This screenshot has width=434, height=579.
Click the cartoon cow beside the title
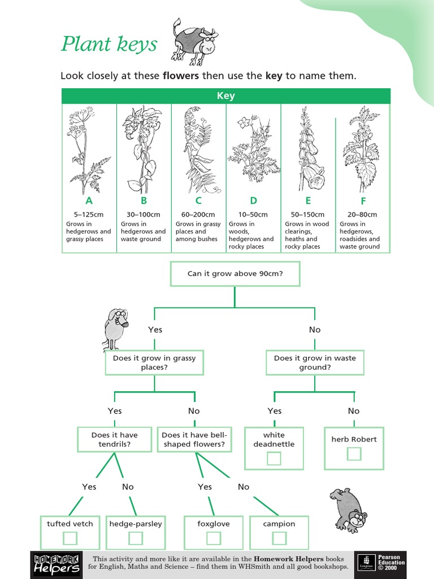click(x=194, y=41)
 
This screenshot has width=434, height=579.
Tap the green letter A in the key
click(x=89, y=201)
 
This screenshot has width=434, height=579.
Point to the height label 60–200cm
click(x=198, y=215)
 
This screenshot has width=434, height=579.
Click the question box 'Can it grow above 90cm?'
click(x=235, y=274)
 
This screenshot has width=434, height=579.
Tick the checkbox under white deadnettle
click(x=274, y=457)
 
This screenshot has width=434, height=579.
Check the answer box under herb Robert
click(x=354, y=453)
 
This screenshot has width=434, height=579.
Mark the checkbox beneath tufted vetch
click(x=70, y=538)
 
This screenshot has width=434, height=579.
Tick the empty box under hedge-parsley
click(x=136, y=538)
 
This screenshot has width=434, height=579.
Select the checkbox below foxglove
click(x=214, y=538)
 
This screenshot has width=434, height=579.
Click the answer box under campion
click(x=279, y=538)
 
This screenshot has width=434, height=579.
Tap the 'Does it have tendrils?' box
click(x=115, y=439)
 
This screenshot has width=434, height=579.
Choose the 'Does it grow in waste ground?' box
click(x=315, y=362)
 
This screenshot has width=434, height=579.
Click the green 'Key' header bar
click(x=225, y=96)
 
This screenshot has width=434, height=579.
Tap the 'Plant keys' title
click(x=108, y=44)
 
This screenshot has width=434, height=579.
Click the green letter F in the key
click(x=363, y=201)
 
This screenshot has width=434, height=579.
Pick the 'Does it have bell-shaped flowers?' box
click(x=194, y=439)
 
